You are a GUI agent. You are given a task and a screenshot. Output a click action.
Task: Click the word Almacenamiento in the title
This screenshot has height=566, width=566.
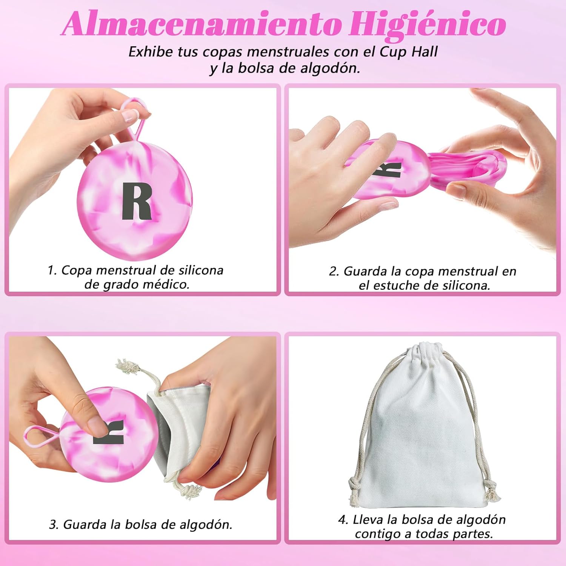tap(201, 25)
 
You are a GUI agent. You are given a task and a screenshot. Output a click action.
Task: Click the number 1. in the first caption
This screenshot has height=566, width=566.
tap(52, 270)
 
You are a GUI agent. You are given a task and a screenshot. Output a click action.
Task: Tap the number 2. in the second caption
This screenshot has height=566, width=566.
tap(334, 271)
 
